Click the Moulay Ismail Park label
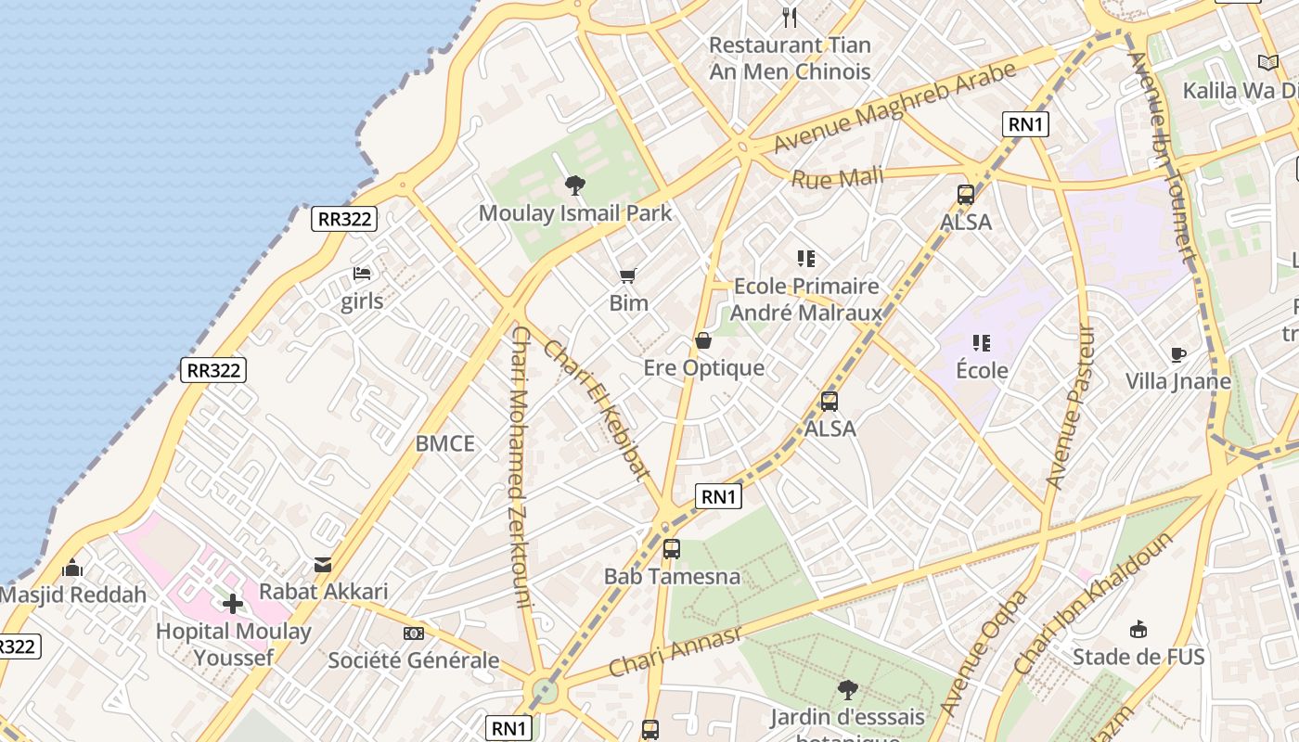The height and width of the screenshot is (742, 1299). point(575,213)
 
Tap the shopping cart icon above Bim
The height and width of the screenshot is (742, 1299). point(628,275)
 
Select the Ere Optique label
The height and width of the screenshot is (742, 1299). point(704,368)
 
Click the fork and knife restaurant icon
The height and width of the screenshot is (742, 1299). point(790,17)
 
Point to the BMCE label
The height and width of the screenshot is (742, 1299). point(444,443)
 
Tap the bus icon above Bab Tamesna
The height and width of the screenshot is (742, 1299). point(672,548)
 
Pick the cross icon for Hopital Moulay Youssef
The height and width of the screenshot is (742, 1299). point(232,605)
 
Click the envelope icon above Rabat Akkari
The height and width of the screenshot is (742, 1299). point(323,564)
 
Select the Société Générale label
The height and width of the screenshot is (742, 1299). point(414,661)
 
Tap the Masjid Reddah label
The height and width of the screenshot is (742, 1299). point(73,595)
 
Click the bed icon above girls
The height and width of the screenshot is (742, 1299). point(362,274)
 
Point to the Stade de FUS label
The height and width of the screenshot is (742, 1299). point(1138,658)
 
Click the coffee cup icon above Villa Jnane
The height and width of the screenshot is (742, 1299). point(1177,354)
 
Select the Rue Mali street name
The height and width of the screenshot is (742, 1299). point(837,176)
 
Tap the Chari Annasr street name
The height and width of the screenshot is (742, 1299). point(675,651)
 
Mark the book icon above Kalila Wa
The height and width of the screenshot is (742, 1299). point(1267,62)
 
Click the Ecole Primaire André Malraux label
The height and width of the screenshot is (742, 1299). point(806,299)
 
